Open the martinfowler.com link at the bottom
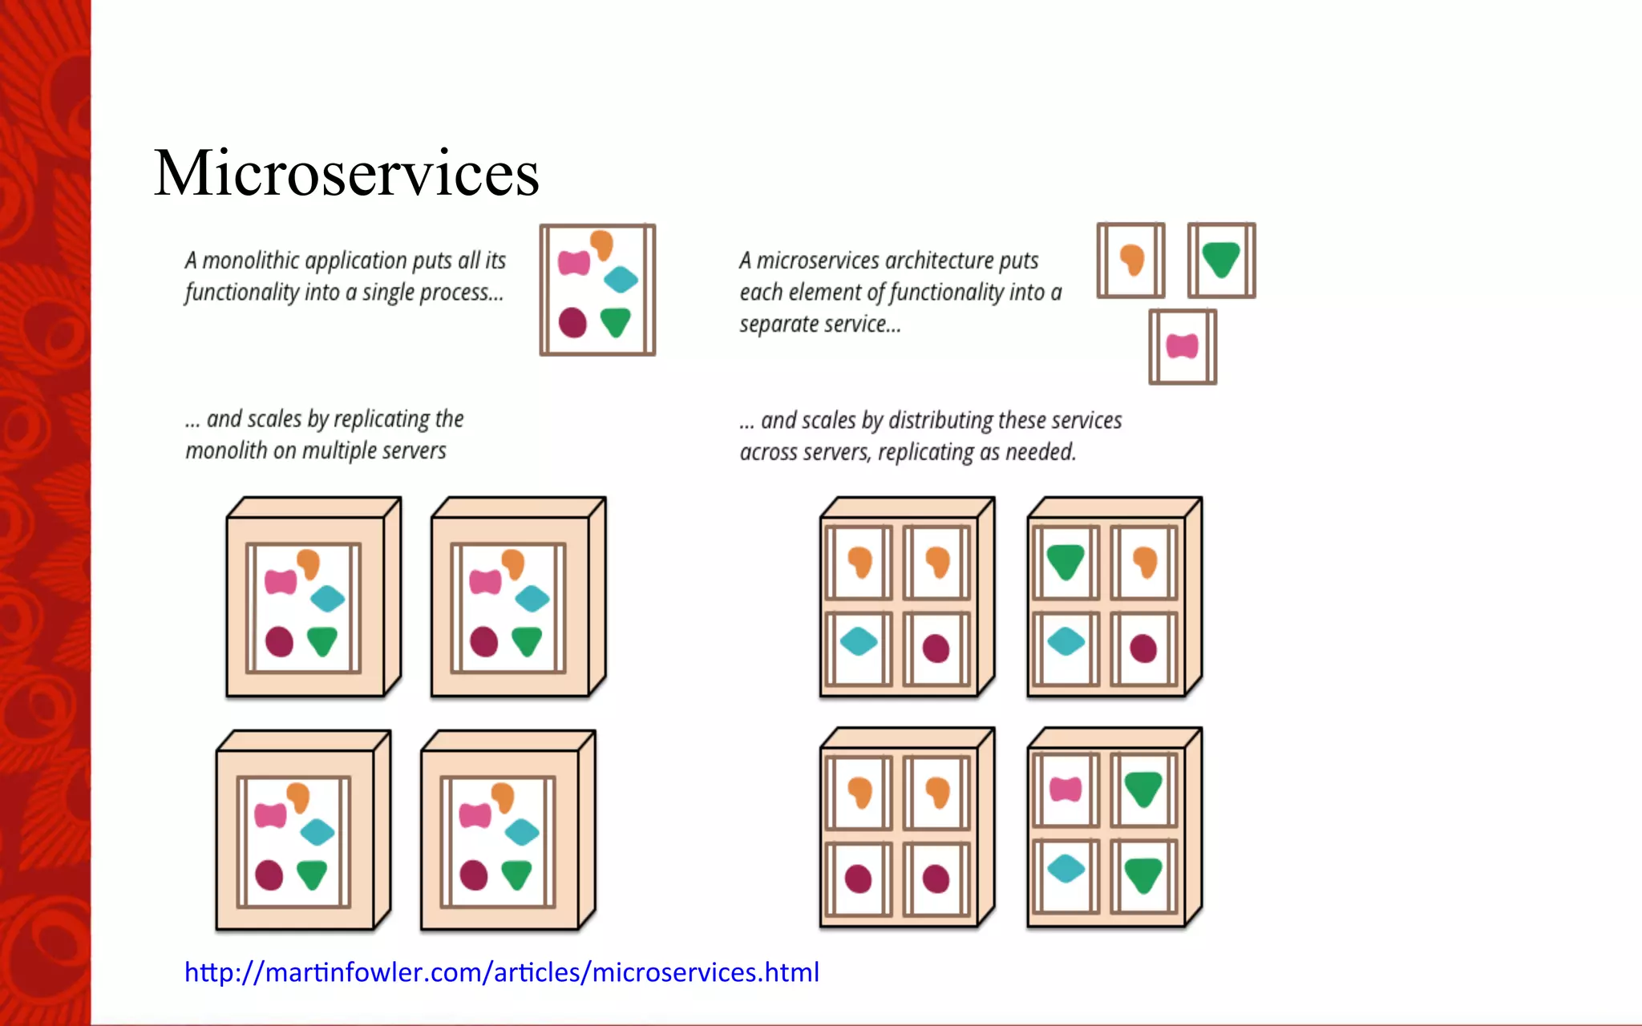(502, 972)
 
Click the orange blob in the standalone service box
(1131, 260)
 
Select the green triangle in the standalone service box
(1221, 259)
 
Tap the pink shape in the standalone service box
(1183, 346)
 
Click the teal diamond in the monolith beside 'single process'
(621, 280)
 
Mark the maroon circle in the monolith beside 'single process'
(572, 322)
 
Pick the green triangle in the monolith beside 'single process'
(616, 321)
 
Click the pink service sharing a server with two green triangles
(1066, 790)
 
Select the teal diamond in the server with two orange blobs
(859, 641)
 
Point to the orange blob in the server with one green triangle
(1145, 562)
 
